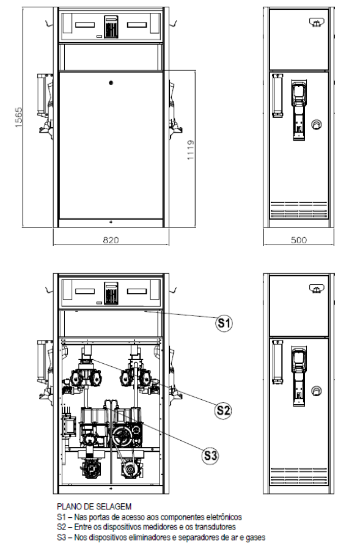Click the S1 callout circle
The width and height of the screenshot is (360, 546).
(x=224, y=323)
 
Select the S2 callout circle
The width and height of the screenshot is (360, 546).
(x=223, y=410)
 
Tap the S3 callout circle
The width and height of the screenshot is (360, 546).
(x=211, y=455)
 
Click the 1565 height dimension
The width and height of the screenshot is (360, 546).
(x=19, y=117)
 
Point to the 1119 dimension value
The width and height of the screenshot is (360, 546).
(x=191, y=150)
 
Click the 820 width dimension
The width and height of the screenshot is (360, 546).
(x=111, y=240)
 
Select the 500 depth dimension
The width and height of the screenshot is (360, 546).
(x=299, y=240)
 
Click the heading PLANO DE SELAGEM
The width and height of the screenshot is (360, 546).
(x=94, y=507)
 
